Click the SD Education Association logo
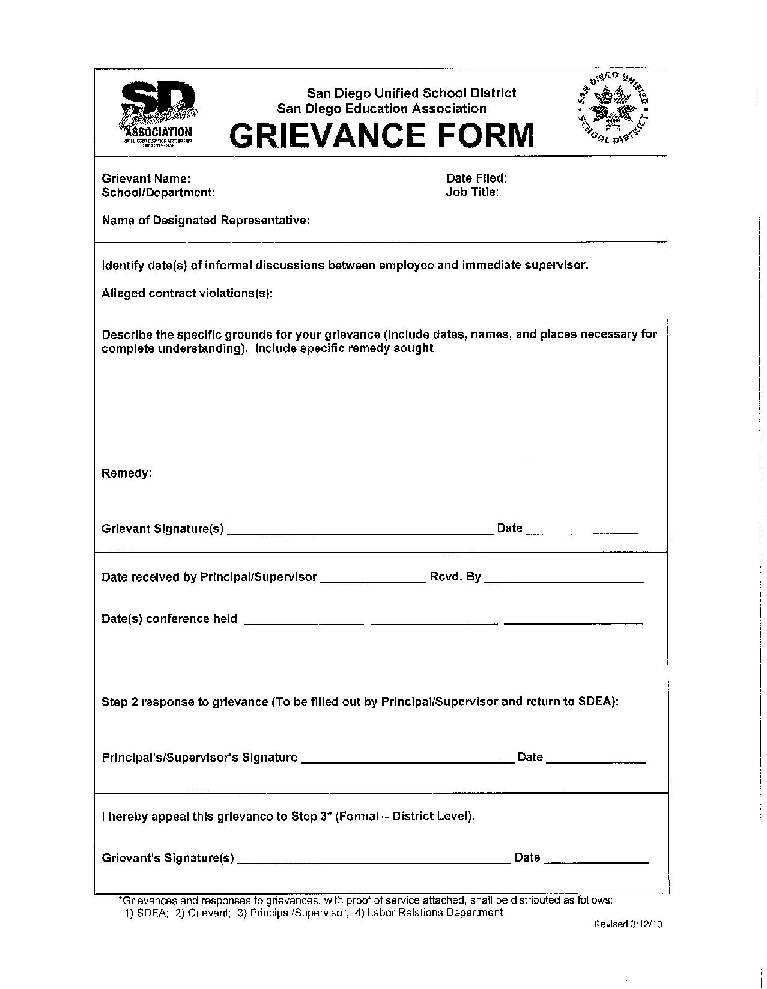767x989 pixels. coord(159,114)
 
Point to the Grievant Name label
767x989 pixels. coord(147,178)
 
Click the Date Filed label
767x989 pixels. coord(476,178)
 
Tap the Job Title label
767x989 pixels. coord(472,192)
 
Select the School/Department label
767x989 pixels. coord(159,193)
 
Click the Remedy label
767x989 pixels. coord(127,473)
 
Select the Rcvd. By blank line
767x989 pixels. coord(563,581)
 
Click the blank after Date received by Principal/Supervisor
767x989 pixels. coord(373,581)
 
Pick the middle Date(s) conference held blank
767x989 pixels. coord(434,623)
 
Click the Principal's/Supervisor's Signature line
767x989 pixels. coord(407,761)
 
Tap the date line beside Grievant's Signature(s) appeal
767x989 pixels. coord(596,862)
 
